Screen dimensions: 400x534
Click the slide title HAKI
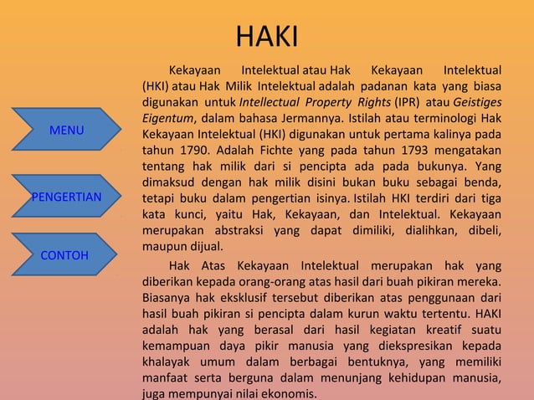point(266,37)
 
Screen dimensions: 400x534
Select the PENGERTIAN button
point(66,197)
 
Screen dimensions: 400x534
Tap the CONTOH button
point(64,254)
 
